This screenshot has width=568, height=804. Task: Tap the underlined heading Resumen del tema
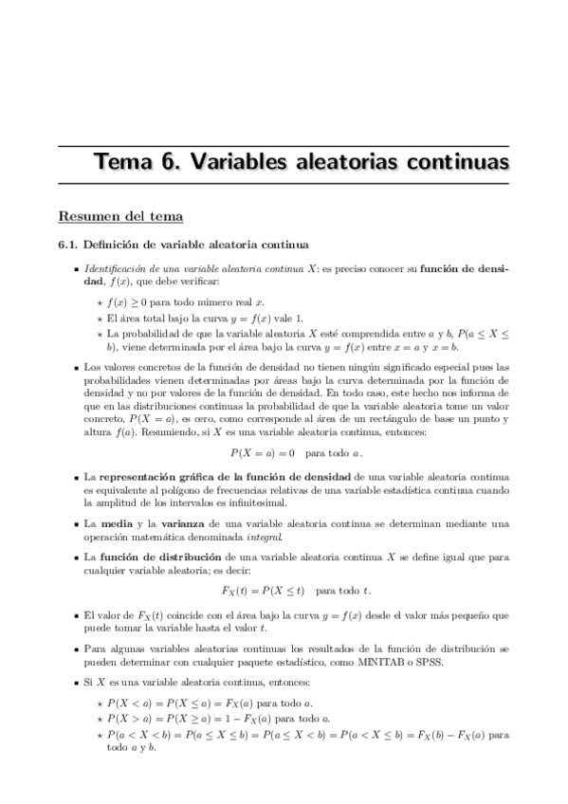(x=119, y=217)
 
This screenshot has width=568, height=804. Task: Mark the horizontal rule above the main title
(x=284, y=145)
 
